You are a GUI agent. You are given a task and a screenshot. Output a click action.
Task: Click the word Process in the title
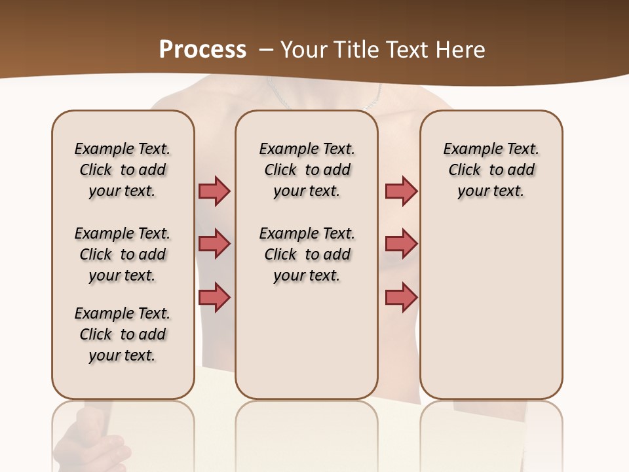tap(202, 50)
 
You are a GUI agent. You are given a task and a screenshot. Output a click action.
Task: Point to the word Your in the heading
tap(303, 50)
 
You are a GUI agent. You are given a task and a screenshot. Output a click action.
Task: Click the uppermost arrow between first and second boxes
tap(214, 191)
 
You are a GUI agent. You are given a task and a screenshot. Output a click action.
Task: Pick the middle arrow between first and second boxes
tap(214, 244)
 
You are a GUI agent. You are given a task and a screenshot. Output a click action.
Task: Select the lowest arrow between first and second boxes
tap(214, 298)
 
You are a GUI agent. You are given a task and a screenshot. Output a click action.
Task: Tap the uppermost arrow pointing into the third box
tap(401, 191)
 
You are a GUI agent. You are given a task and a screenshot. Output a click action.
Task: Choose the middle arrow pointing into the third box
tap(401, 244)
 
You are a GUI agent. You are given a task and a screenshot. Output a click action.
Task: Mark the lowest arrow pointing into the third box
tap(401, 298)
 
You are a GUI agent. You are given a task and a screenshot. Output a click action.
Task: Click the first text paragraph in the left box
tap(123, 170)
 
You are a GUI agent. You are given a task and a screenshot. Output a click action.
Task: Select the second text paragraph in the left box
tap(123, 254)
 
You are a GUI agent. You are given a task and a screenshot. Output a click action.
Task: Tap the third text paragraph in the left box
tap(123, 334)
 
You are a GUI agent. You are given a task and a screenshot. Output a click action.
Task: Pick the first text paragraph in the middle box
tap(307, 170)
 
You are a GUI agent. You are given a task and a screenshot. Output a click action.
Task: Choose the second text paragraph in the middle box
tap(307, 254)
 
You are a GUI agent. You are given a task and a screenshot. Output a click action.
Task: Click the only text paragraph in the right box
tap(491, 170)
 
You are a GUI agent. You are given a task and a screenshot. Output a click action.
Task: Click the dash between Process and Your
tap(265, 50)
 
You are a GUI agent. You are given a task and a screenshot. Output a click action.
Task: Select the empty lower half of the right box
tap(491, 315)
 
